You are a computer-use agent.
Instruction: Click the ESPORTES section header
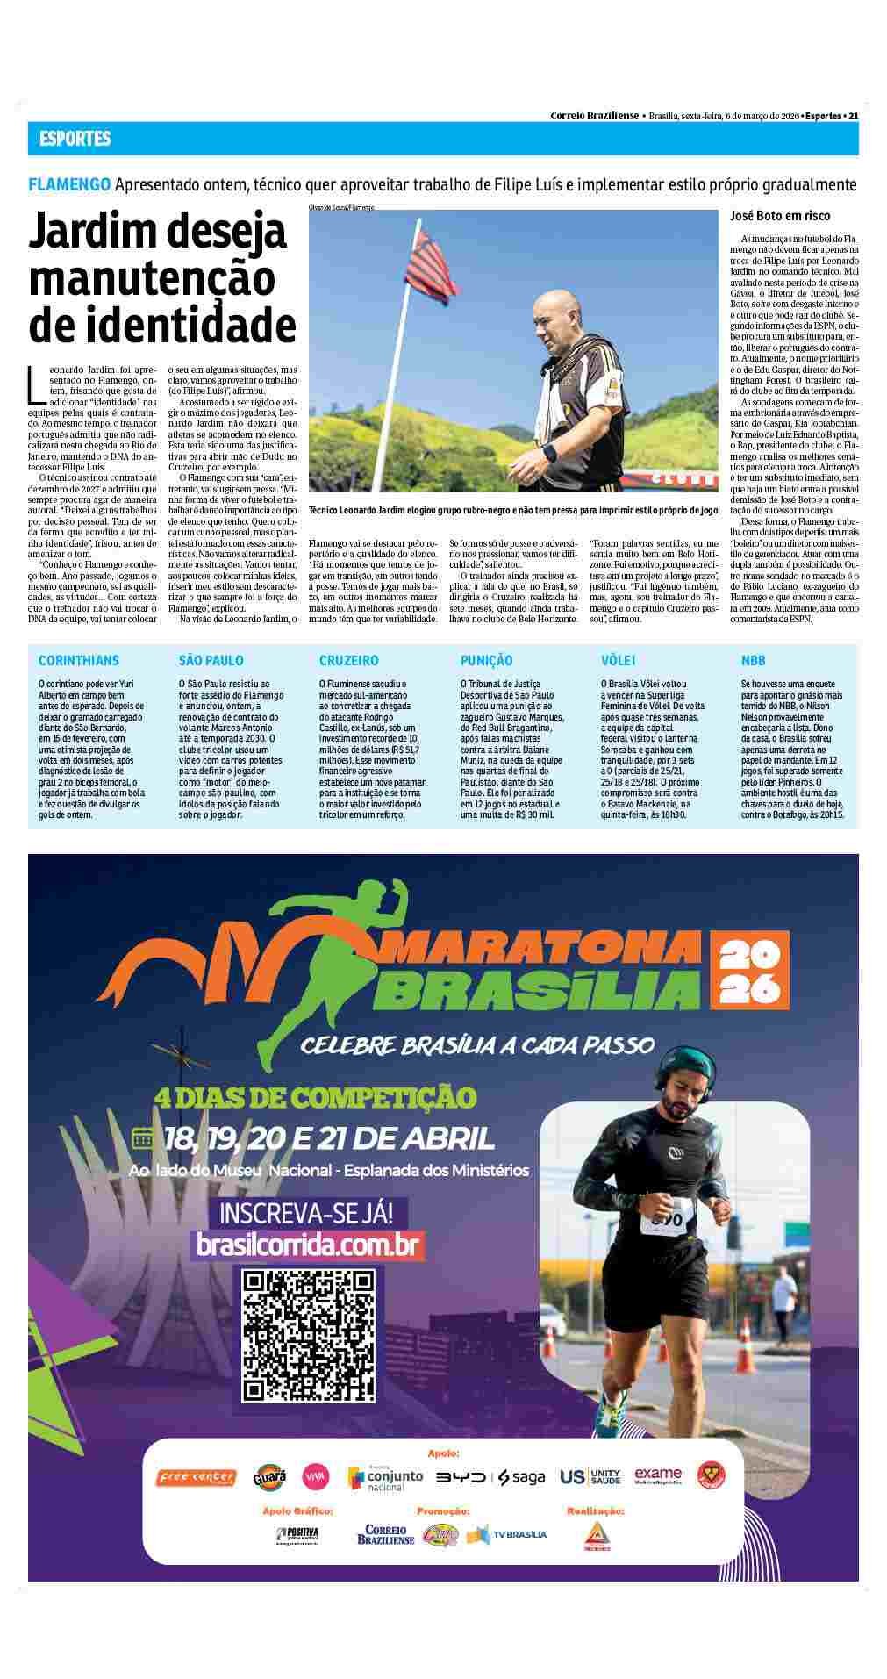[x=75, y=139]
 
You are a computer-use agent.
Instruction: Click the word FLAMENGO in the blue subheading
[x=69, y=184]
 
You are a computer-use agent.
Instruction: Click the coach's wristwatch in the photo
[x=549, y=452]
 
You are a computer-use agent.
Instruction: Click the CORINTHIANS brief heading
[x=78, y=660]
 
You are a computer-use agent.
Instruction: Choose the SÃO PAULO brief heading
[x=211, y=660]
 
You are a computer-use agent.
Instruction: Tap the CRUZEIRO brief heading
[x=348, y=660]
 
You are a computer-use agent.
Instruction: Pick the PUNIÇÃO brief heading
[x=486, y=660]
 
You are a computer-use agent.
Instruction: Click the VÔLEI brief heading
[x=618, y=660]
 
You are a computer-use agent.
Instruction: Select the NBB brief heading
[x=753, y=660]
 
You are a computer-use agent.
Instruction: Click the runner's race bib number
[x=666, y=1221]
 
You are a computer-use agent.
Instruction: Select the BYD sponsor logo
[x=462, y=1476]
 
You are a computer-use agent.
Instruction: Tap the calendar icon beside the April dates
[x=143, y=1137]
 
